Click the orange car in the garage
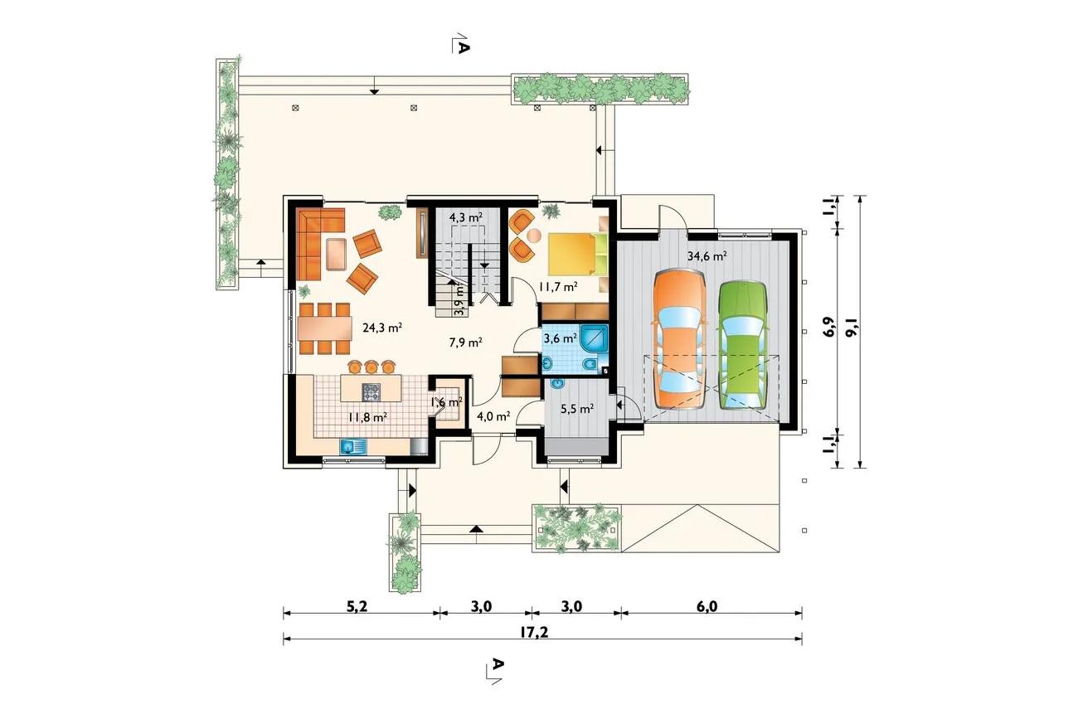pyautogui.click(x=680, y=340)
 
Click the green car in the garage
pyautogui.click(x=742, y=345)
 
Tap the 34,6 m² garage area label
pyautogui.click(x=707, y=256)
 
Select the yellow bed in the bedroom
pyautogui.click(x=571, y=254)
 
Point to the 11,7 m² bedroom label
pyautogui.click(x=558, y=287)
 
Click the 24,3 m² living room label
pyautogui.click(x=382, y=328)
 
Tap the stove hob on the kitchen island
pyautogui.click(x=371, y=392)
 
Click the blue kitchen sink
pyautogui.click(x=353, y=447)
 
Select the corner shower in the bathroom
pyautogui.click(x=595, y=339)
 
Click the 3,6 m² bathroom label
pyautogui.click(x=561, y=338)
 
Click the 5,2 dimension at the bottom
pyautogui.click(x=357, y=606)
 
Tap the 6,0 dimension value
pyautogui.click(x=707, y=606)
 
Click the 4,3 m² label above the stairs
pyautogui.click(x=466, y=217)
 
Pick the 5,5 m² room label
pyautogui.click(x=577, y=409)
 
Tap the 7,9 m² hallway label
pyautogui.click(x=466, y=342)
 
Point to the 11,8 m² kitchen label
pyautogui.click(x=367, y=417)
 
